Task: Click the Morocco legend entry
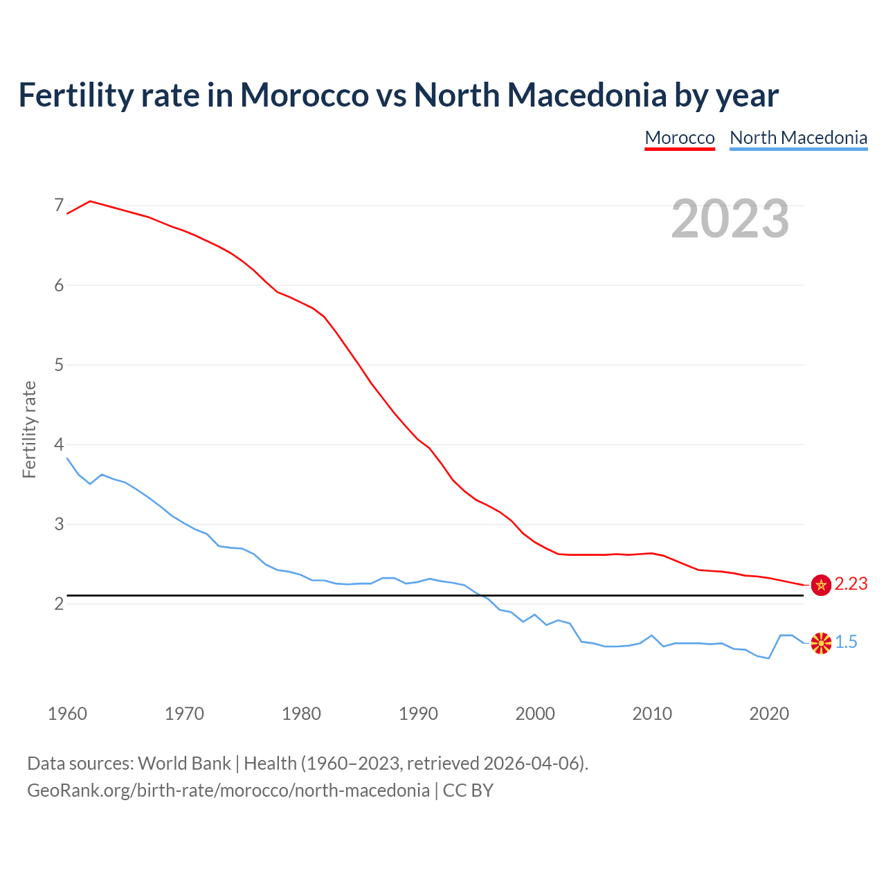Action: tap(679, 138)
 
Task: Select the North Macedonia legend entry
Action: tap(798, 138)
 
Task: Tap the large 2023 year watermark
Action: tap(730, 219)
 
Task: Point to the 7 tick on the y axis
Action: tap(59, 205)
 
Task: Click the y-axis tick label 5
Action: tap(59, 365)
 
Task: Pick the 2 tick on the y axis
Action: tap(59, 604)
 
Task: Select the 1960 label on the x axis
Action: tap(67, 714)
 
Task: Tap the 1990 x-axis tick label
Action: tap(418, 714)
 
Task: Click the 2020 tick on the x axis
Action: tap(769, 714)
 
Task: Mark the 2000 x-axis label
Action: tap(535, 714)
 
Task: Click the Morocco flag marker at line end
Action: tap(821, 585)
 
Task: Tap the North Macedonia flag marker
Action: tap(821, 643)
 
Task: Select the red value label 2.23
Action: tap(851, 584)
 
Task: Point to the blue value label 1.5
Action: tap(846, 642)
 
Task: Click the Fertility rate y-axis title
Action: tap(29, 429)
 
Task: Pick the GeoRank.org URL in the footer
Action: tap(228, 790)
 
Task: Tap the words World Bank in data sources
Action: tap(184, 763)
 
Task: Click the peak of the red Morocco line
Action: tap(90, 201)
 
